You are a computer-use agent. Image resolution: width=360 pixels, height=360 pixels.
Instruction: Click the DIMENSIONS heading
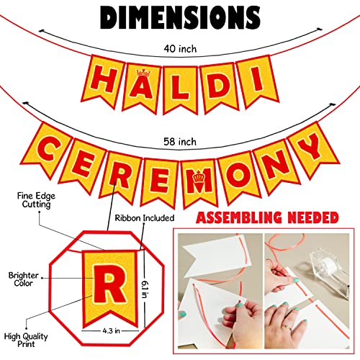[180, 17]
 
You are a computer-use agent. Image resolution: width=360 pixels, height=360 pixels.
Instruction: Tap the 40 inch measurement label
[180, 49]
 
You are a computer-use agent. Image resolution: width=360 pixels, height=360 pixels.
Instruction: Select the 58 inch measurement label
[180, 142]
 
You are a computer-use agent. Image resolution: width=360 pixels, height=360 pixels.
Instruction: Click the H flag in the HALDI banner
[103, 81]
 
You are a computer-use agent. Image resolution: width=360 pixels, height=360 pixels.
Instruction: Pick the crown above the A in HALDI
[143, 72]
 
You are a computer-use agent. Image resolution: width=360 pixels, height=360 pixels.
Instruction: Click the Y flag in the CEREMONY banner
[313, 150]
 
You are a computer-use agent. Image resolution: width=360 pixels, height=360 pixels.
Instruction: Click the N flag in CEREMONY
[276, 166]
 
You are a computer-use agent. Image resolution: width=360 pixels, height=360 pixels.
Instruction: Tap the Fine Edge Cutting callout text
[36, 200]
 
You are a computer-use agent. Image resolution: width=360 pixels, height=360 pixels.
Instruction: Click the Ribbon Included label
[145, 218]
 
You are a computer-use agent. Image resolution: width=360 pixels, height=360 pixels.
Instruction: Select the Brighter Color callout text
[23, 279]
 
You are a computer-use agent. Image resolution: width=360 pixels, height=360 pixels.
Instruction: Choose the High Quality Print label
[26, 340]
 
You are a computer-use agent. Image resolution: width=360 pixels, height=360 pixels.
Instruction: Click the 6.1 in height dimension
[145, 289]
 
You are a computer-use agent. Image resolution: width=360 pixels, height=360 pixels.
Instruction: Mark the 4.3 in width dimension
[111, 330]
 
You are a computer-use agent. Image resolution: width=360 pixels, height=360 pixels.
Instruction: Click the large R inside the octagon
[110, 284]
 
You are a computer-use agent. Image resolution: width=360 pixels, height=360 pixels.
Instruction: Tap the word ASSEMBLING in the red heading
[239, 217]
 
